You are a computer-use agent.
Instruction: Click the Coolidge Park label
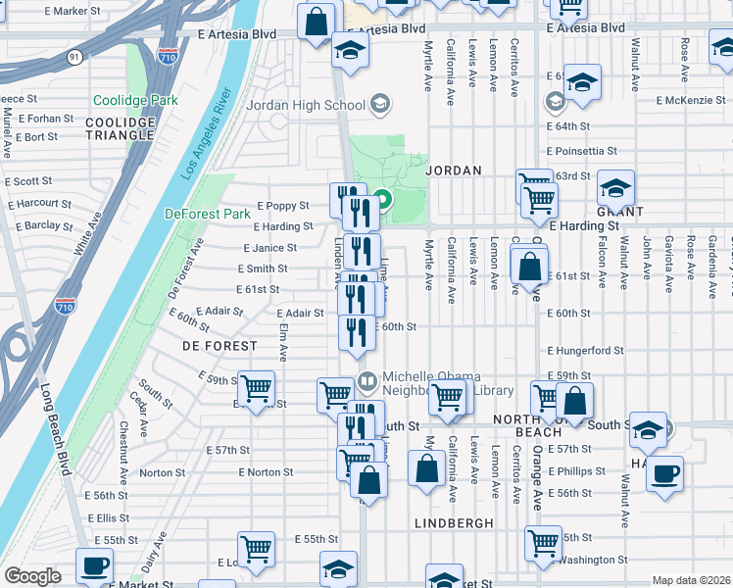pos(135,100)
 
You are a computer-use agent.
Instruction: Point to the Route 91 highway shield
pos(75,57)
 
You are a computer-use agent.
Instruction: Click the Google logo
pos(32,576)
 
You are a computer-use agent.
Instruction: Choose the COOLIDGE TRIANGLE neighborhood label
pos(121,129)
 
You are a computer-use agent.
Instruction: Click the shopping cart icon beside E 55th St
pos(543,542)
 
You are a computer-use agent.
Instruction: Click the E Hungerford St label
pos(585,350)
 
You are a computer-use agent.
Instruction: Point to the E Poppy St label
pos(283,207)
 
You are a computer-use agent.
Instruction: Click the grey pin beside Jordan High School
pos(380,105)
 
